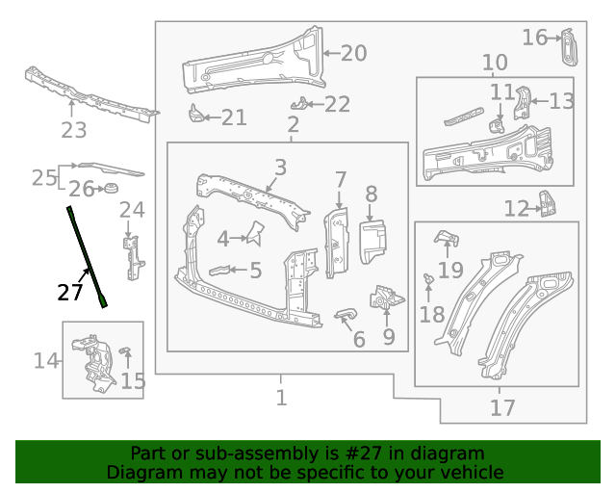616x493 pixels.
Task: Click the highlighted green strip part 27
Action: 86,255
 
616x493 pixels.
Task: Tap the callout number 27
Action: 70,293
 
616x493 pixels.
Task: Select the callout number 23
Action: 74,130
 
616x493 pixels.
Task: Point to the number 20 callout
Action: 353,53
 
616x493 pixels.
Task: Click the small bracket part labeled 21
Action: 195,115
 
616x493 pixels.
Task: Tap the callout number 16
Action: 535,38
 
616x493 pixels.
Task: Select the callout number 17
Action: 502,407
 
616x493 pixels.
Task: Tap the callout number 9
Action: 389,336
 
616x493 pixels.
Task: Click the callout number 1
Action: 281,398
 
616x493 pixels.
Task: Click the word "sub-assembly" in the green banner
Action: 234,454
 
